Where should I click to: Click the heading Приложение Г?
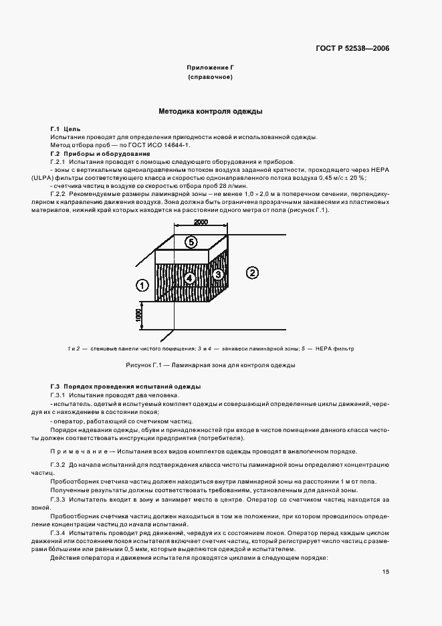click(x=210, y=68)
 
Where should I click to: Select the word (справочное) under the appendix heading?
click(x=210, y=78)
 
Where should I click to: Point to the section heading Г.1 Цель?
click(x=65, y=128)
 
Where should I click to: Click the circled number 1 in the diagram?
click(x=142, y=286)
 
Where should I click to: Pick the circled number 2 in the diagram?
click(x=251, y=272)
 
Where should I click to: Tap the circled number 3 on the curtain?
click(x=217, y=274)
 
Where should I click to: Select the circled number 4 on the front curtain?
click(x=189, y=278)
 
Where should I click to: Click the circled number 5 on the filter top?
click(x=191, y=243)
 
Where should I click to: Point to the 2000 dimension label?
click(x=200, y=222)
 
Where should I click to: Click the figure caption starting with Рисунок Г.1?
click(x=210, y=366)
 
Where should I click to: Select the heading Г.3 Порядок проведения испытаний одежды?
click(x=126, y=387)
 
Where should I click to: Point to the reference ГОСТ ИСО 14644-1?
click(x=164, y=144)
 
